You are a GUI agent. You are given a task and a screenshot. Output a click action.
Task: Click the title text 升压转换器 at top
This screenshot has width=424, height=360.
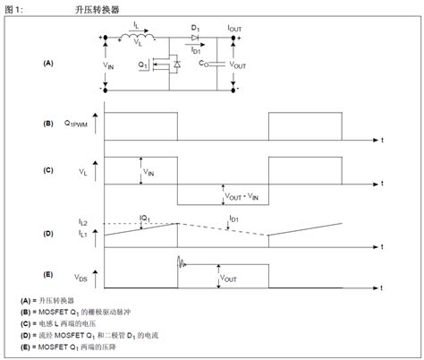[x=98, y=9]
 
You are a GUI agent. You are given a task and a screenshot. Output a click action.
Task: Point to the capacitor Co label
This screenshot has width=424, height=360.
[x=205, y=64]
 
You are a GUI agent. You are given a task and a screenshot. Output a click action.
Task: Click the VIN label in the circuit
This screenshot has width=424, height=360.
[x=108, y=65]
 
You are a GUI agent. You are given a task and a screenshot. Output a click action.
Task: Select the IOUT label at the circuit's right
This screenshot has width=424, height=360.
[x=234, y=30]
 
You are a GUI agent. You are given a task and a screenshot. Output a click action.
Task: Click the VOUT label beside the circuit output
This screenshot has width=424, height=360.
[x=239, y=65]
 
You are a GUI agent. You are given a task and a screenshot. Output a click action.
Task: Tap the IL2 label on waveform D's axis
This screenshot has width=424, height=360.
[x=84, y=220]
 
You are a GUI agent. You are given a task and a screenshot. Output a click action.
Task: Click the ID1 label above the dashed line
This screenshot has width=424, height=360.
[x=233, y=218]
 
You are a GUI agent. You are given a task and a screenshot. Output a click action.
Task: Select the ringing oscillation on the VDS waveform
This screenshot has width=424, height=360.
[x=183, y=262]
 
